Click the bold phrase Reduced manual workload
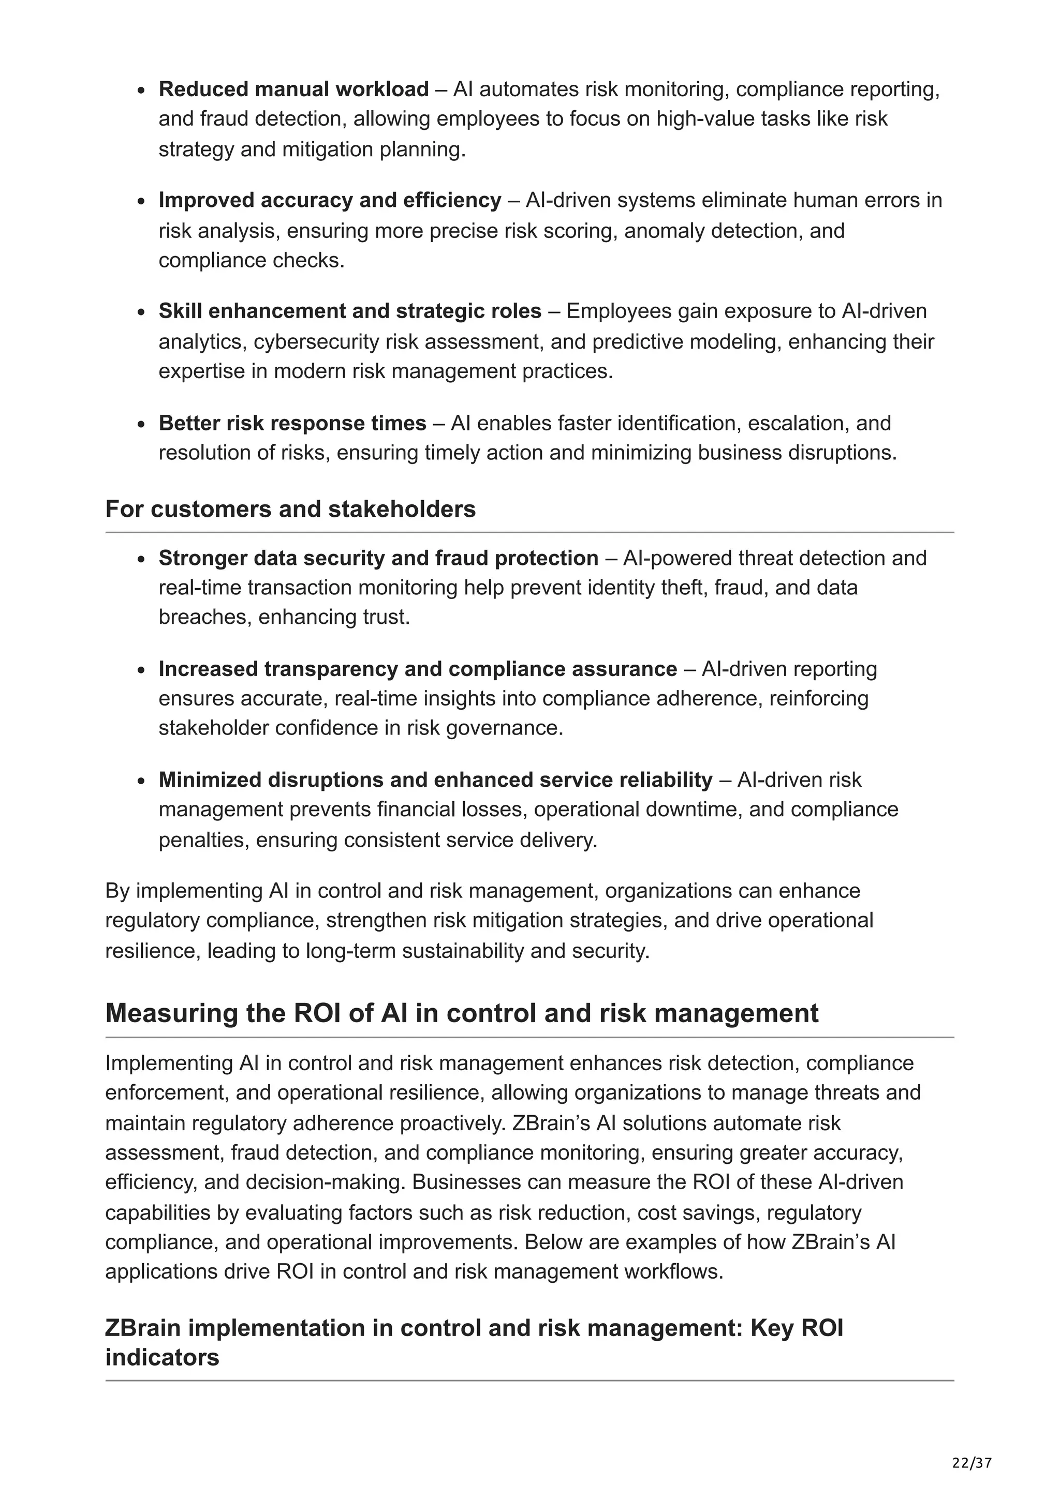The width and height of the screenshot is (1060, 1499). pyautogui.click(x=293, y=89)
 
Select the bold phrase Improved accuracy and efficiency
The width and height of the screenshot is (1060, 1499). pyautogui.click(x=330, y=200)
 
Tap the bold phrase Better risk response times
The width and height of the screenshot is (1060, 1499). pyautogui.click(x=292, y=423)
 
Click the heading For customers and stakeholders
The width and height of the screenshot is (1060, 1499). pyautogui.click(x=291, y=508)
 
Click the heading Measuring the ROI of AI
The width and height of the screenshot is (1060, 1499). pyautogui.click(x=461, y=1013)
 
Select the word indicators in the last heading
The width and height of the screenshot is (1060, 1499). pyautogui.click(x=162, y=1357)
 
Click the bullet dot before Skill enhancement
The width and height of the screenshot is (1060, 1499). pyautogui.click(x=141, y=312)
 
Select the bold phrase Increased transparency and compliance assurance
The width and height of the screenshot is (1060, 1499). pyautogui.click(x=417, y=669)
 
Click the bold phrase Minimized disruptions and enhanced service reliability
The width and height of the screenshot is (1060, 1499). pyautogui.click(x=435, y=780)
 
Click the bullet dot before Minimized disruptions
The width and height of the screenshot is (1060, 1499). pyautogui.click(x=141, y=782)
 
